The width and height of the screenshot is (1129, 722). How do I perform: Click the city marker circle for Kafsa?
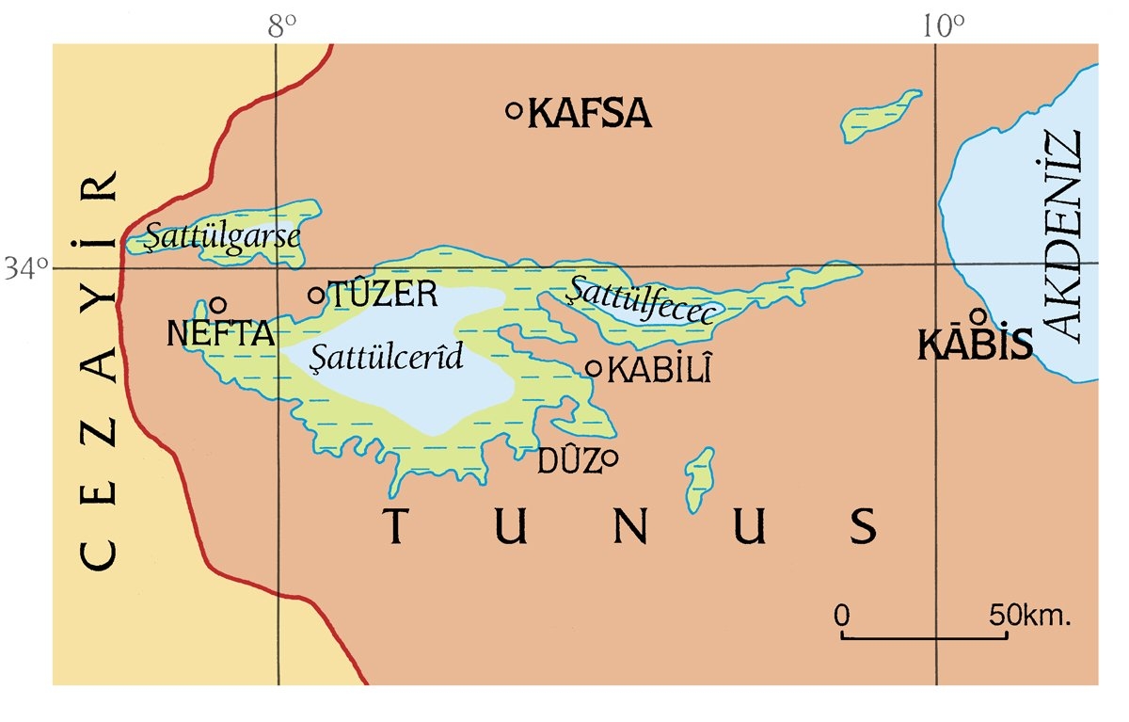[x=515, y=110]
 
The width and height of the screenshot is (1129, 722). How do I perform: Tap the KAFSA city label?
[x=590, y=114]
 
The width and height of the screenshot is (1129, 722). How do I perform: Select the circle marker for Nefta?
[x=218, y=305]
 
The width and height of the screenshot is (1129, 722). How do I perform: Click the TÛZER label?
[x=382, y=295]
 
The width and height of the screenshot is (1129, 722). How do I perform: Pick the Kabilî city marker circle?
[x=594, y=368]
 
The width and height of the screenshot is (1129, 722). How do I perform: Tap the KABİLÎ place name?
[x=659, y=370]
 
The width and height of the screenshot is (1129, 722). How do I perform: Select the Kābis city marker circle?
[x=978, y=315]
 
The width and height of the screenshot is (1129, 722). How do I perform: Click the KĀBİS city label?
[x=975, y=345]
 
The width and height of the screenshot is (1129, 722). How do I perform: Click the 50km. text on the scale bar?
[x=1031, y=617]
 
